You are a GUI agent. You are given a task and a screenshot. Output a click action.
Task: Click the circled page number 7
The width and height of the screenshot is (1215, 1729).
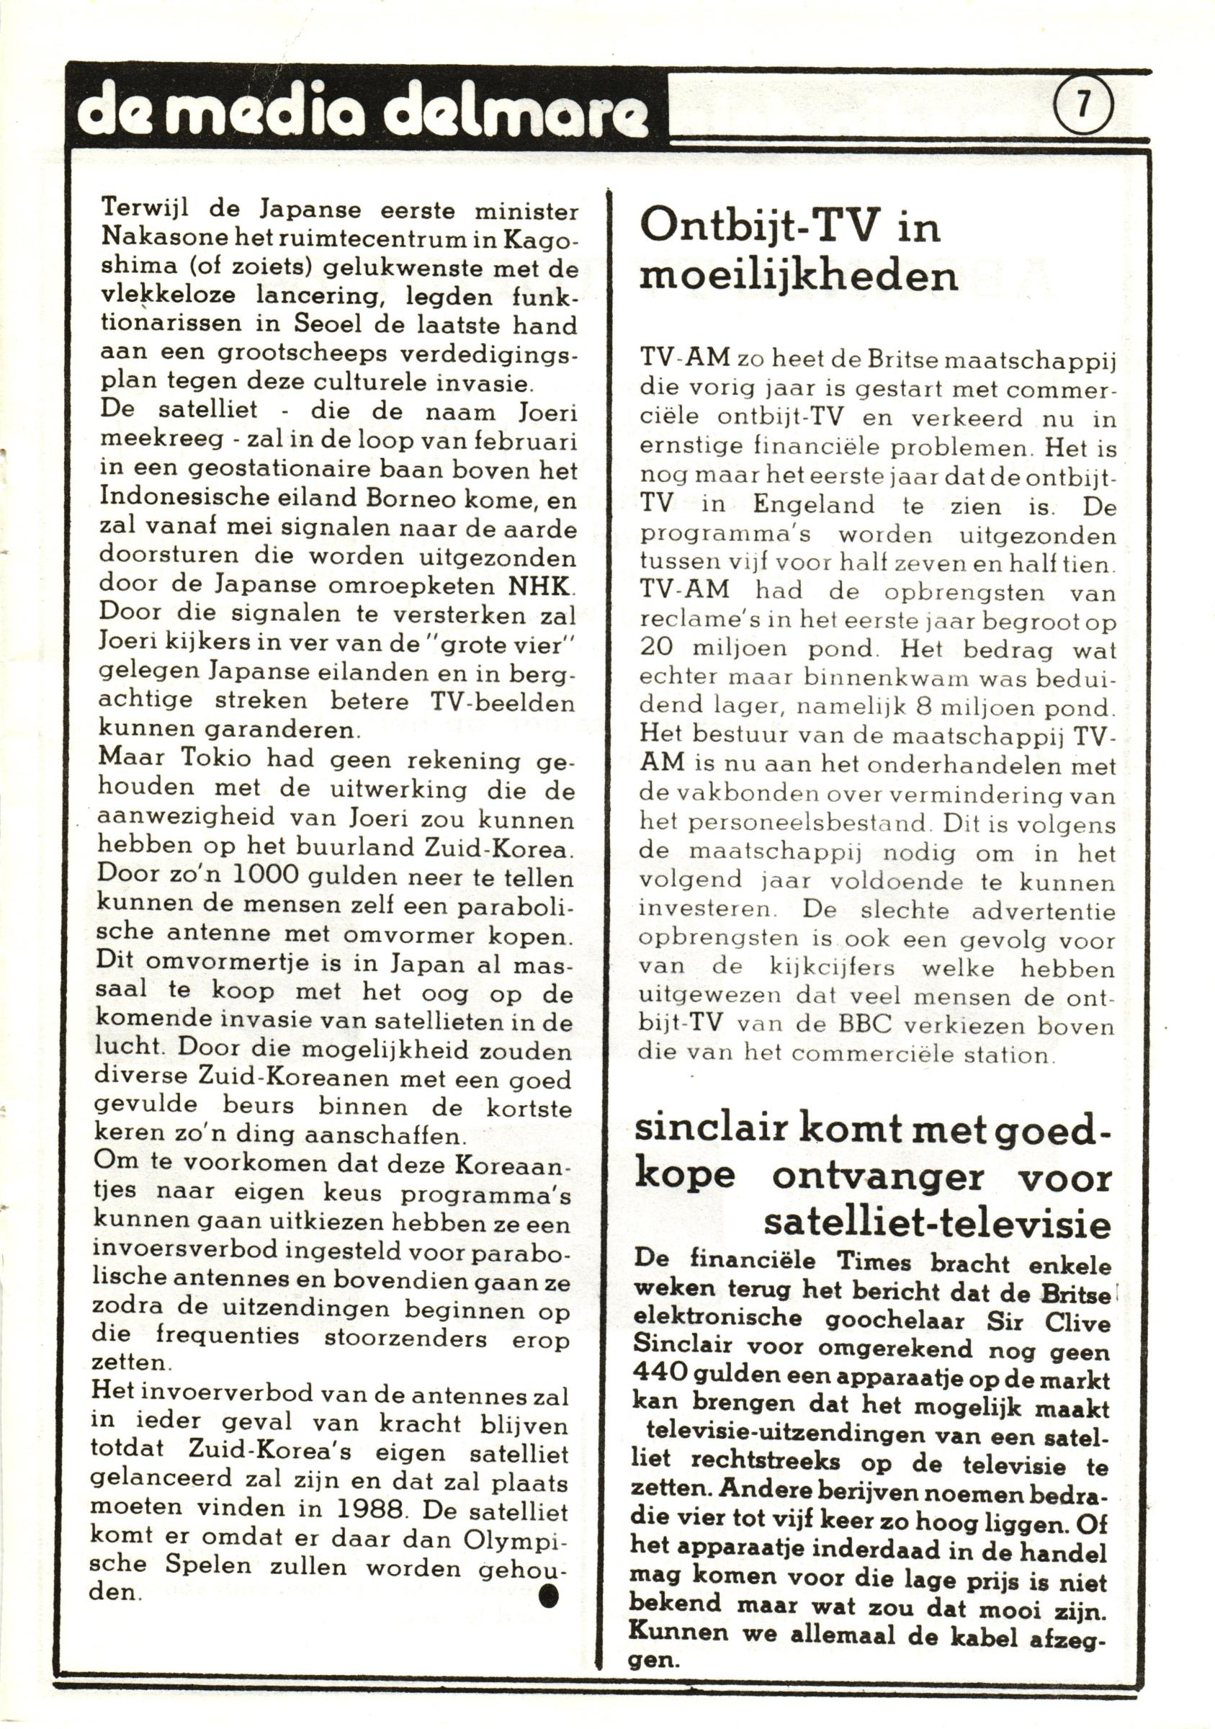(x=1082, y=105)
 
